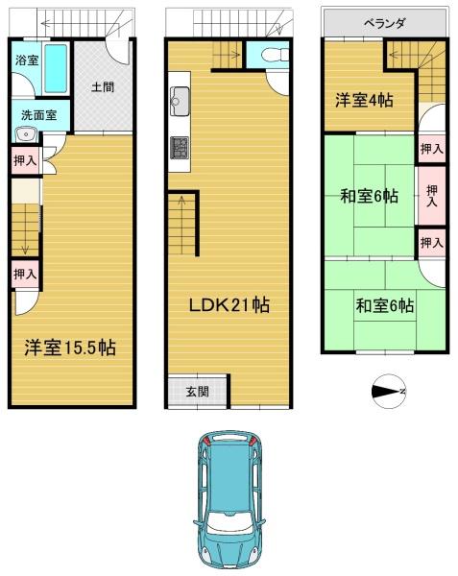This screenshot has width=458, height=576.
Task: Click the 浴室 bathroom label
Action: point(27,60)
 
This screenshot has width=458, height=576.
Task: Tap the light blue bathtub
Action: point(56,68)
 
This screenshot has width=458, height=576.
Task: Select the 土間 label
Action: point(103,87)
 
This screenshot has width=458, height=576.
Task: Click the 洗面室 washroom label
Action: point(38,115)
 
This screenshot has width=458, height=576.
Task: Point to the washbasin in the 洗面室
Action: point(26,134)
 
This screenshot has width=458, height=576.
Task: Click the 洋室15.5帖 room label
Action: point(70,348)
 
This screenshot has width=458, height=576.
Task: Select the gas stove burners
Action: point(180,148)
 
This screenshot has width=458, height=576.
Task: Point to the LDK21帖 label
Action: point(229,304)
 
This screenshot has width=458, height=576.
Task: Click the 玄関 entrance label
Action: point(197,392)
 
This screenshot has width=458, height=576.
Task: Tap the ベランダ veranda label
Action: point(384,24)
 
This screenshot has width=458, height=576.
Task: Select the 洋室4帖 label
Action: point(364,100)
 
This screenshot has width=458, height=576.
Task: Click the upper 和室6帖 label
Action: point(369,196)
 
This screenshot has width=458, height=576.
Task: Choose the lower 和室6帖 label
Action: point(384,305)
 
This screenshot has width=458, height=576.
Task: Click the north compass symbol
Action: point(389,392)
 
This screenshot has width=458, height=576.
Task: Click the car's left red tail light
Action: point(205,440)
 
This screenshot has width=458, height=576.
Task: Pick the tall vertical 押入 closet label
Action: point(432,196)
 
